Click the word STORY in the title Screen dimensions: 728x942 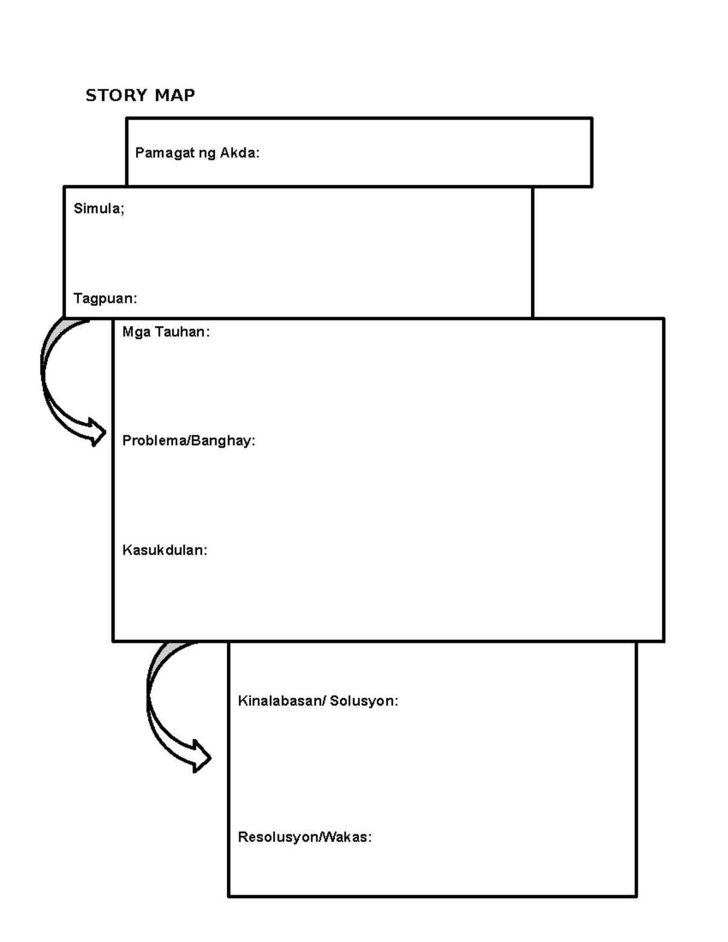pyautogui.click(x=116, y=95)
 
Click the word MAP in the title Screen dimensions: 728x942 pyautogui.click(x=175, y=95)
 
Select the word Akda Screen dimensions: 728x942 pyautogui.click(x=240, y=153)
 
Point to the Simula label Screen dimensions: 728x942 pyautogui.click(x=99, y=209)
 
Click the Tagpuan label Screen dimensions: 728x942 pyautogui.click(x=106, y=298)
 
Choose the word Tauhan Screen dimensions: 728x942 pyautogui.click(x=182, y=332)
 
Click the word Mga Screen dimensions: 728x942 pyautogui.click(x=136, y=332)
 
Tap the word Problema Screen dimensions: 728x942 pyautogui.click(x=155, y=440)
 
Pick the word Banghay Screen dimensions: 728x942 pyautogui.click(x=223, y=441)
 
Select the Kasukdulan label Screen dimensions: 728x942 pyautogui.click(x=165, y=550)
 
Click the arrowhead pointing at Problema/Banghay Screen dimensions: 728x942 pyautogui.click(x=98, y=432)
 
